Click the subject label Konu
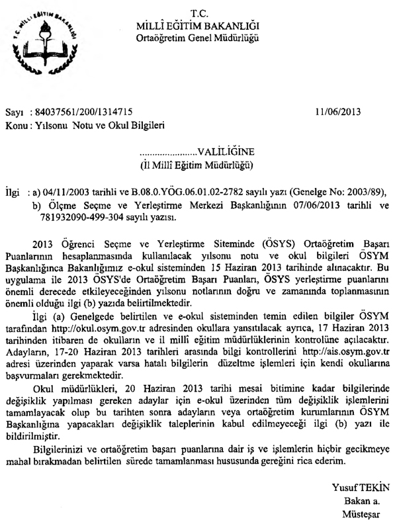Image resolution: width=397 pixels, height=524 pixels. point(17,124)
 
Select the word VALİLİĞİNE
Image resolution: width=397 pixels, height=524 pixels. point(224,152)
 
